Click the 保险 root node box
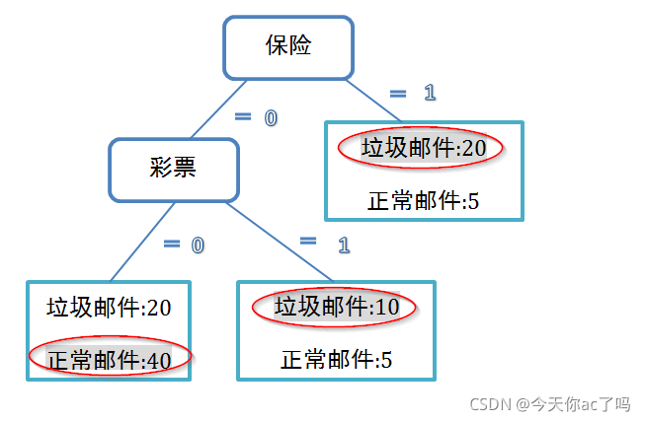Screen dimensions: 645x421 (287, 46)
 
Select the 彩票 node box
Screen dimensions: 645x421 (173, 169)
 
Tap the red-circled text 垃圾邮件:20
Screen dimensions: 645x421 (423, 148)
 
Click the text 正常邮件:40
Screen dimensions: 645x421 (110, 360)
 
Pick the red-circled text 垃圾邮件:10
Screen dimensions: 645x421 (336, 308)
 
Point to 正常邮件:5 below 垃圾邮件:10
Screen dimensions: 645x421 (336, 359)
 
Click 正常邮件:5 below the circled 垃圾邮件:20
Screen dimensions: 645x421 (423, 201)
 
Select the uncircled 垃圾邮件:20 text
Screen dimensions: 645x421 (110, 308)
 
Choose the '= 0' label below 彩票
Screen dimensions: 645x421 (184, 245)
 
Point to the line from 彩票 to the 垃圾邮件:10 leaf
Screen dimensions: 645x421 (281, 242)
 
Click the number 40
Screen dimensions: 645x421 (158, 361)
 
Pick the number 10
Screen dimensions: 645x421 (387, 308)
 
